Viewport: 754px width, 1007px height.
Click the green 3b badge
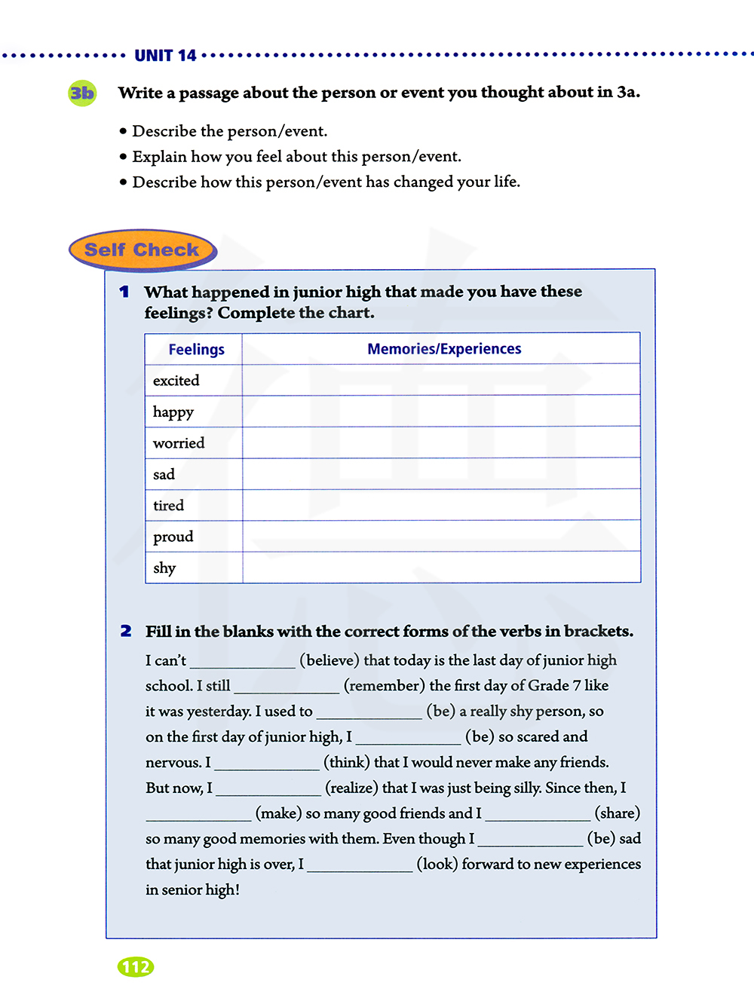tap(82, 93)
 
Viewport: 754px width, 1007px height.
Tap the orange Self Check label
tap(142, 250)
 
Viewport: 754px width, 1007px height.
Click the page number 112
tap(136, 967)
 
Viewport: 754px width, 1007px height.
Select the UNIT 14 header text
tap(165, 56)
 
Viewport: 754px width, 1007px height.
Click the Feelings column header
tap(196, 350)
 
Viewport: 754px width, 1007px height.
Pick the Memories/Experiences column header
tap(444, 349)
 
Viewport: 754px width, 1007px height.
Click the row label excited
tap(176, 381)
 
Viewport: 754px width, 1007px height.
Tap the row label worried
tap(179, 443)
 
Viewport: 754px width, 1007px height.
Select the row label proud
tap(173, 537)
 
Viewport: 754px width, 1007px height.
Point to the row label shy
tap(164, 568)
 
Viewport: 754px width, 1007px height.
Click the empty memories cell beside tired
tap(441, 505)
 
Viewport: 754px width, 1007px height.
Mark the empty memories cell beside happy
tap(441, 412)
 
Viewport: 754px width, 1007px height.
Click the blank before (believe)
tap(243, 661)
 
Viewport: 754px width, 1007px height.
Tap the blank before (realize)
tap(268, 788)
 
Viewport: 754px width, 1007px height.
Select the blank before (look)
tap(360, 865)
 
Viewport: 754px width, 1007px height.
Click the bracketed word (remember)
tap(385, 686)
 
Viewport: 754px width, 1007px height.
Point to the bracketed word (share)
tap(618, 813)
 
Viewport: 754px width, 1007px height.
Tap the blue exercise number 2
tap(126, 631)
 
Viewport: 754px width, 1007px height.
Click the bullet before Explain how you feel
tap(123, 157)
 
